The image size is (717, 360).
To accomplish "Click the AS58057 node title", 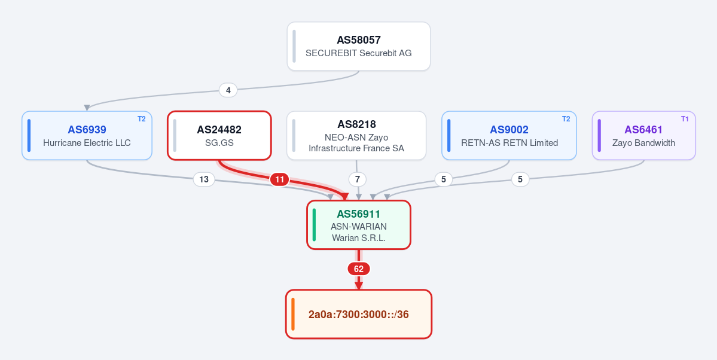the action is click(359, 40).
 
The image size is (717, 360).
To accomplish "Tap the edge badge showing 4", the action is click(228, 90).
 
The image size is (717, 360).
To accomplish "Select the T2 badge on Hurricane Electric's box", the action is click(142, 119).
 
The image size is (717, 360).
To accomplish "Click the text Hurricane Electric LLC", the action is click(87, 143).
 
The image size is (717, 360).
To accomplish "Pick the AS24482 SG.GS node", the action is click(219, 135).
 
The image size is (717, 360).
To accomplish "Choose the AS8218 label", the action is click(356, 124).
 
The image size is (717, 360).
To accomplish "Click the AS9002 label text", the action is click(509, 130).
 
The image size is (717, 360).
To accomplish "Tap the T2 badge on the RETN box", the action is click(566, 119).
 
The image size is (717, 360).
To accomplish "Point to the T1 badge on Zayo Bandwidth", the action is click(685, 119).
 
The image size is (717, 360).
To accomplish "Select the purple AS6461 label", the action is click(643, 130).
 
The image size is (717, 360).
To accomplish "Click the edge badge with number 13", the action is click(204, 179).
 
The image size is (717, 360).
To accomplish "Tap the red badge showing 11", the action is click(279, 179).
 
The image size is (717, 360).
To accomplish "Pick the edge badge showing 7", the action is click(358, 179).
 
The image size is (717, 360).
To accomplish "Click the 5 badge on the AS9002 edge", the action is click(444, 179).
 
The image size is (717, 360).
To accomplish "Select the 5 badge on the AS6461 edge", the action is click(520, 179).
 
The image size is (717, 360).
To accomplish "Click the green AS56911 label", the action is click(359, 214).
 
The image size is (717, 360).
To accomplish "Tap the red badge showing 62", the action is click(359, 269).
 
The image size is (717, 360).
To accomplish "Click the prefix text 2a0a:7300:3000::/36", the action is click(359, 315).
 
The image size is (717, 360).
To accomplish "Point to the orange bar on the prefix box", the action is click(292, 315).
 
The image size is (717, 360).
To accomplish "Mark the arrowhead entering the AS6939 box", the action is click(87, 108).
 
